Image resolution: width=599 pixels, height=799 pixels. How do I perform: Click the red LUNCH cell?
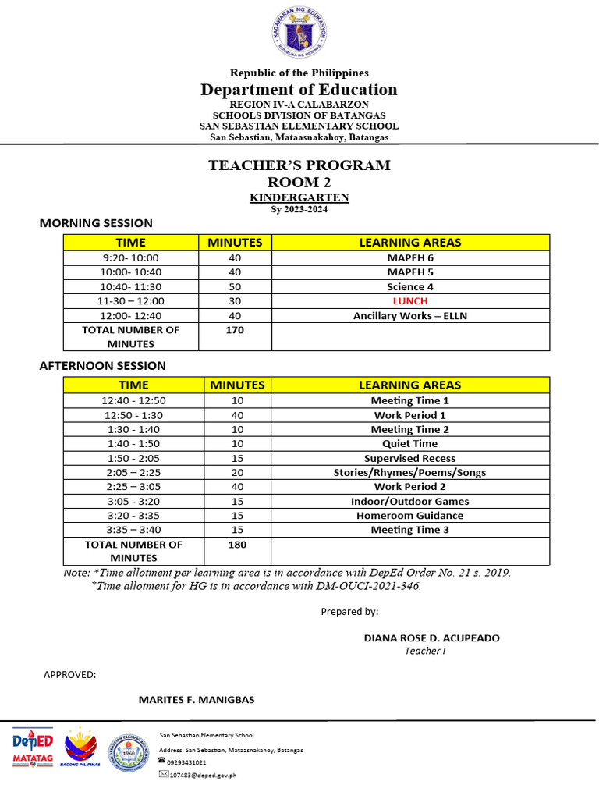coord(410,301)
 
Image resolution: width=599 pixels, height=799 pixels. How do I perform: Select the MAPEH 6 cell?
coord(410,258)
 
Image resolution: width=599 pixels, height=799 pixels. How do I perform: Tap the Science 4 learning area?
coord(410,287)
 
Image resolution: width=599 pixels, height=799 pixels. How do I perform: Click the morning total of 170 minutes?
coord(235,330)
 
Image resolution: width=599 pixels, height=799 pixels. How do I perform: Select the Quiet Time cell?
coord(410,444)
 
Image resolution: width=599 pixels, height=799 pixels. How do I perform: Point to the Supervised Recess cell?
coord(410,459)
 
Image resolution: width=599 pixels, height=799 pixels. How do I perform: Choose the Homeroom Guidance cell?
coord(410,516)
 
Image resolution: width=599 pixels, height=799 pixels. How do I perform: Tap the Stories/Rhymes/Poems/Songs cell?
coord(410,473)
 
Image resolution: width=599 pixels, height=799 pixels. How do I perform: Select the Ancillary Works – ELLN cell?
coord(410,316)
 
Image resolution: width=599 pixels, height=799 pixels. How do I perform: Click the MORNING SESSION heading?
coord(96,223)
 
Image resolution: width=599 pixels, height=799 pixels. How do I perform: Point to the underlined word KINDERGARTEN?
coord(299,198)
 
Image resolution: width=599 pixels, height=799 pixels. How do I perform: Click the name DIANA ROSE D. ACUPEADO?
coord(431,638)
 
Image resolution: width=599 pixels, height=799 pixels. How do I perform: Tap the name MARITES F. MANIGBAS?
coord(197,699)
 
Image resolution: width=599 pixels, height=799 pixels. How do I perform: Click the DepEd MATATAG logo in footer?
coord(32,747)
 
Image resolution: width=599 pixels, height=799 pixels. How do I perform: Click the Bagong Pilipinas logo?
coord(81,748)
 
